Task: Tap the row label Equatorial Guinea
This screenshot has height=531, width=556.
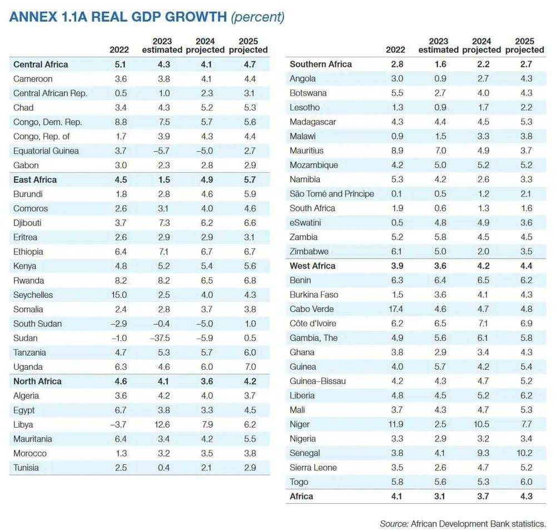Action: point(46,151)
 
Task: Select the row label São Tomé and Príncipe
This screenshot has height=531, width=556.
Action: point(331,193)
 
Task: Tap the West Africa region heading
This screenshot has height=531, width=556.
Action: point(312,266)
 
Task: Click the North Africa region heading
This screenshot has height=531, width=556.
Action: point(37,381)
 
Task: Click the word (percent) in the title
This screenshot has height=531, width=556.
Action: point(257,17)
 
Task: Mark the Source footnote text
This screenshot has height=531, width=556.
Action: point(463,524)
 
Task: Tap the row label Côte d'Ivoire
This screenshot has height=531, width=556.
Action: point(313,324)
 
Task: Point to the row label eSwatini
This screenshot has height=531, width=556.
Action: point(306,222)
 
